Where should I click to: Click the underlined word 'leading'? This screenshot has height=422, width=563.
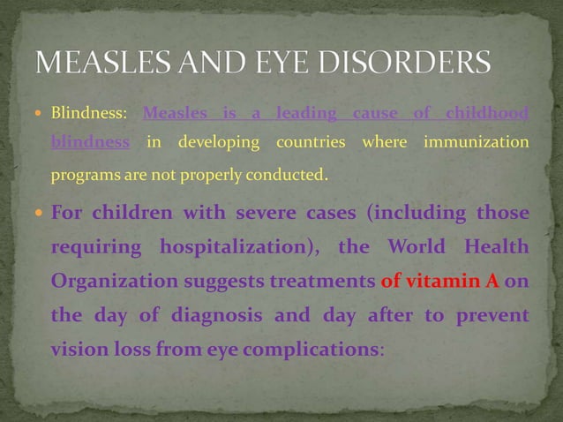[305, 114]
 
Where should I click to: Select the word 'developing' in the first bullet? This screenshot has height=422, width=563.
[219, 142]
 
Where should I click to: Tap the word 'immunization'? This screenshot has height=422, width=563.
[477, 142]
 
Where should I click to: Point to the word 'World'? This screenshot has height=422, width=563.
[412, 248]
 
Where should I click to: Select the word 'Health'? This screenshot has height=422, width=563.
[493, 248]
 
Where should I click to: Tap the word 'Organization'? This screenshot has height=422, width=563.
[107, 282]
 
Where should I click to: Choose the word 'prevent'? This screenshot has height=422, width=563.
[492, 315]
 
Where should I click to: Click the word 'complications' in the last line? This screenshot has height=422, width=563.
[319, 348]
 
